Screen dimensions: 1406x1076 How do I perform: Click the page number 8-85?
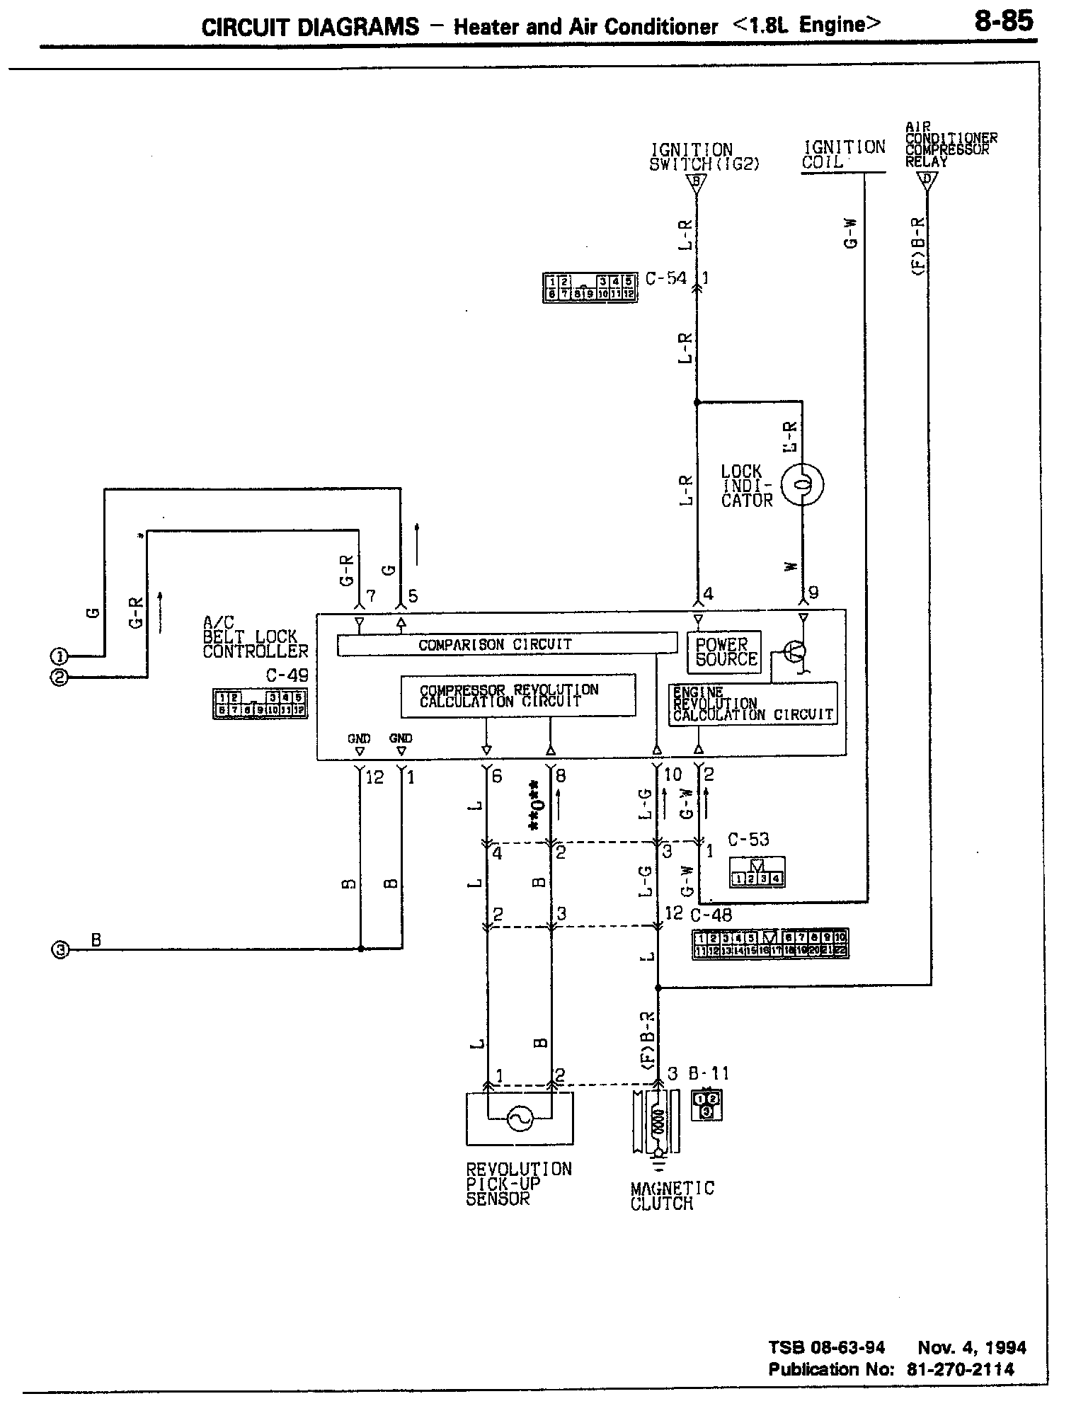click(x=1003, y=22)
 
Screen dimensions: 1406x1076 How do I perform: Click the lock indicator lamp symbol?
click(x=802, y=484)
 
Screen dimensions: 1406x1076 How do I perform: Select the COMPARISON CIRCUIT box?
click(x=506, y=644)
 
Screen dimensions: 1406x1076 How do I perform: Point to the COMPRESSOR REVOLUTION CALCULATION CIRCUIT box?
click(x=517, y=696)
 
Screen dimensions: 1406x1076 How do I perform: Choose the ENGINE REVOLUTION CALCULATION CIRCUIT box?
click(x=753, y=704)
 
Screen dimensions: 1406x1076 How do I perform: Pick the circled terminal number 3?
click(x=59, y=950)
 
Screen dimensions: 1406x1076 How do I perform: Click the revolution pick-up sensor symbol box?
click(x=520, y=1118)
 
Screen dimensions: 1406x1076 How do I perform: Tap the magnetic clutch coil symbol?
click(x=658, y=1122)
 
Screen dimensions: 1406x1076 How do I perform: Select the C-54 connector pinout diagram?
click(x=590, y=287)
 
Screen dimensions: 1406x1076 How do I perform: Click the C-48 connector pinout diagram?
click(x=770, y=944)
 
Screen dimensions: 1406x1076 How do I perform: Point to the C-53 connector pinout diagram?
click(x=757, y=874)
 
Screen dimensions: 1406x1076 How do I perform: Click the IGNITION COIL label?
click(x=843, y=154)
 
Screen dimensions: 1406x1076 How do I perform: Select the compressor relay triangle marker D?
click(x=927, y=179)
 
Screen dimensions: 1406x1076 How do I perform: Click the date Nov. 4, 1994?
click(x=971, y=1348)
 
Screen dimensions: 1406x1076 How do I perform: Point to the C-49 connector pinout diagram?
click(x=260, y=704)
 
